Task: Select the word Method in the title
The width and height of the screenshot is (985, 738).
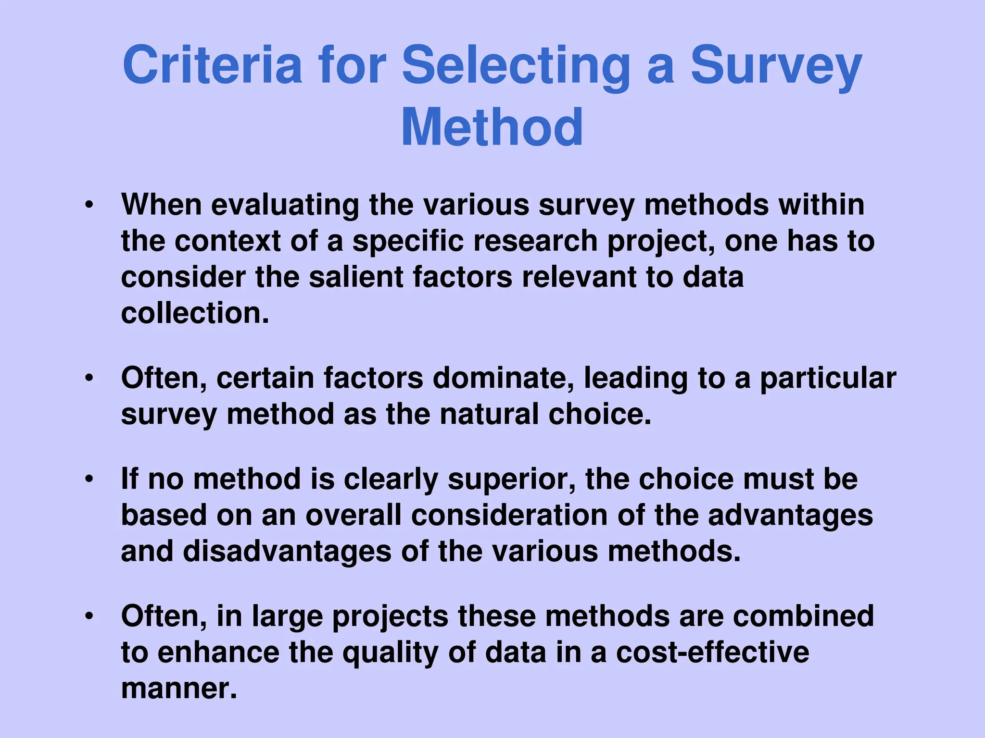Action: (492, 127)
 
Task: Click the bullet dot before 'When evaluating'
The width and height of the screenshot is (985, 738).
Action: (88, 206)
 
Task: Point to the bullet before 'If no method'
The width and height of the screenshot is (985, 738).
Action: (88, 480)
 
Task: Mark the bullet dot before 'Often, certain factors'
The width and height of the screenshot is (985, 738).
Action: (88, 378)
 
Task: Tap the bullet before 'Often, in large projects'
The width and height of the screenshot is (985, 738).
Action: (88, 616)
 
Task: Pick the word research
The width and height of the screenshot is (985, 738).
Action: (535, 241)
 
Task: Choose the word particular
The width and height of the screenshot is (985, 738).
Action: (828, 379)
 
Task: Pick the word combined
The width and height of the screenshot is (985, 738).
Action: (803, 616)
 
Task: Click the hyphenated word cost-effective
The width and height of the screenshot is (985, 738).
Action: (712, 652)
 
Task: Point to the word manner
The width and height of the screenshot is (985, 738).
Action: (179, 689)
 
